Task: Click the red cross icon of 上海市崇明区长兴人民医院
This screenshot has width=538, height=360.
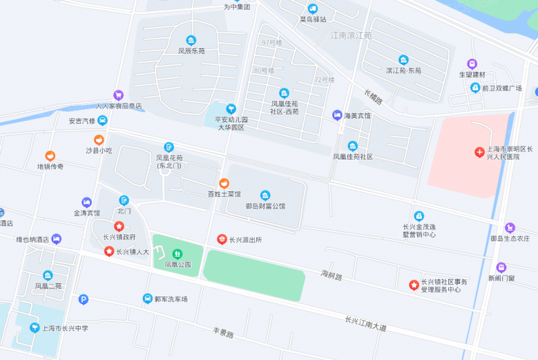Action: tap(479, 151)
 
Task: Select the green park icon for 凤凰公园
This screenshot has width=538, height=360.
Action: tap(177, 254)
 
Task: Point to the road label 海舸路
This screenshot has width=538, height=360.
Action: tap(332, 276)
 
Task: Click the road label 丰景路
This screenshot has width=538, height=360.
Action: tap(223, 334)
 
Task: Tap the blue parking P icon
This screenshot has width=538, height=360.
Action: tap(84, 299)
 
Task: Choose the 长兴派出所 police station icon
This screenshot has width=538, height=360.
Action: tap(222, 239)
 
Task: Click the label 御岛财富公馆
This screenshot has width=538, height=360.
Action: tap(265, 205)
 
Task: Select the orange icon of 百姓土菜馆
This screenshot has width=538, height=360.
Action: tap(224, 183)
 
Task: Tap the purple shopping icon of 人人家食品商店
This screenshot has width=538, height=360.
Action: tap(118, 95)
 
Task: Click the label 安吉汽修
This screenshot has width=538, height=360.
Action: tap(81, 121)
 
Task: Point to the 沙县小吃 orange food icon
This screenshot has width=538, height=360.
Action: tap(99, 140)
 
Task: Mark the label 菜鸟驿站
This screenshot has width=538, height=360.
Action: tap(312, 19)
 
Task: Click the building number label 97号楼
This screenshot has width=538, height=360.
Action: tap(272, 43)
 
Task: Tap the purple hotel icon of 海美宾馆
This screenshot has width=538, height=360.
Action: tap(337, 115)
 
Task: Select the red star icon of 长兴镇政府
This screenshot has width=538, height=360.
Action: tap(119, 226)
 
